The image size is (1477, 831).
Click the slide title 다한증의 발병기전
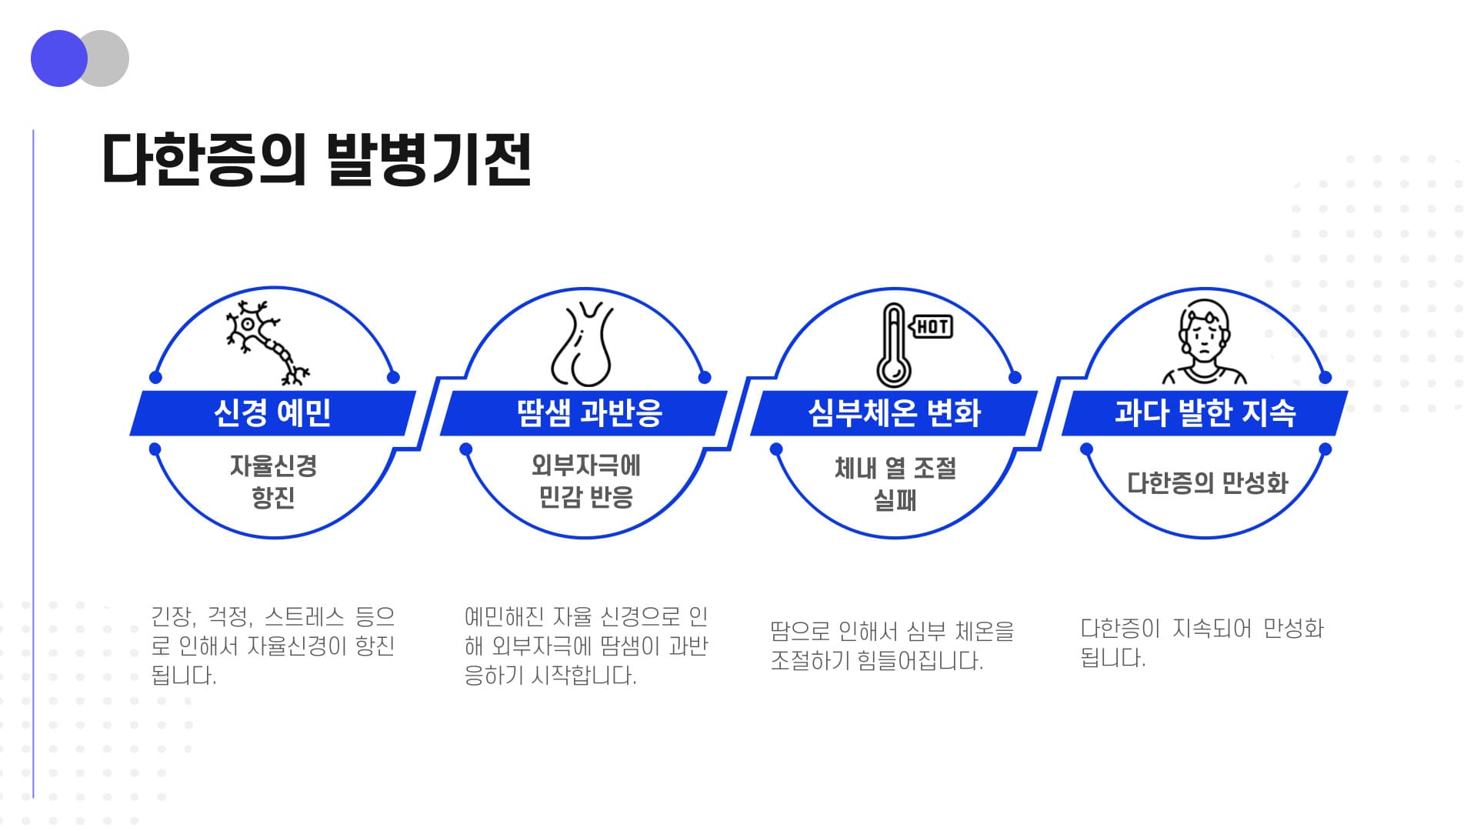pyautogui.click(x=316, y=160)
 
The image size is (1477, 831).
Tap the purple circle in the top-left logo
pyautogui.click(x=59, y=58)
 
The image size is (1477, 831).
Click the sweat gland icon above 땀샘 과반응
pyautogui.click(x=582, y=344)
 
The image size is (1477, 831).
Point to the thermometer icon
pyautogui.click(x=894, y=345)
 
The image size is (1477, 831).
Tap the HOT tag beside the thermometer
pyautogui.click(x=932, y=327)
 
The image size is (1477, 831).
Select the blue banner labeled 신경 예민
pyautogui.click(x=273, y=413)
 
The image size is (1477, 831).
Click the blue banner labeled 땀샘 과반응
pyautogui.click(x=584, y=413)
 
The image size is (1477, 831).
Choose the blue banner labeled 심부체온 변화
pyautogui.click(x=894, y=413)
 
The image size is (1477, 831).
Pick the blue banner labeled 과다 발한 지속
pyautogui.click(x=1205, y=413)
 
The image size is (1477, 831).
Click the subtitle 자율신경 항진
pyautogui.click(x=273, y=482)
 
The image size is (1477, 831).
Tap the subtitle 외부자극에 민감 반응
pyautogui.click(x=585, y=482)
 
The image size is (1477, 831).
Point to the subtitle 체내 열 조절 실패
pyautogui.click(x=895, y=484)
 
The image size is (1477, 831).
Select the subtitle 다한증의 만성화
pyautogui.click(x=1207, y=483)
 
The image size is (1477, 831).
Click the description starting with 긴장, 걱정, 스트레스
pyautogui.click(x=273, y=646)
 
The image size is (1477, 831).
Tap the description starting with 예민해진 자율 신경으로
pyautogui.click(x=585, y=646)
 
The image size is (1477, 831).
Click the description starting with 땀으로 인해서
pyautogui.click(x=892, y=646)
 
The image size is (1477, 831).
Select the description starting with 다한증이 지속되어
pyautogui.click(x=1202, y=643)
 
